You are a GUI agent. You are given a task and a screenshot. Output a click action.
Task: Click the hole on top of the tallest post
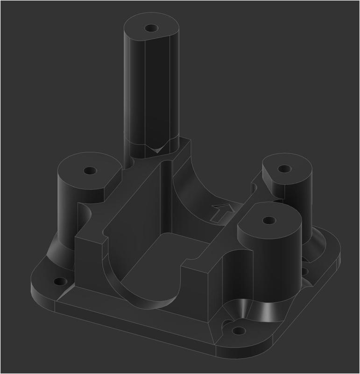click(150, 28)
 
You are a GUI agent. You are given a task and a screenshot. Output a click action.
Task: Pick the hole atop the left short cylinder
click(89, 170)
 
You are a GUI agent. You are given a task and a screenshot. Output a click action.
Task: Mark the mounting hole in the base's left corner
click(60, 282)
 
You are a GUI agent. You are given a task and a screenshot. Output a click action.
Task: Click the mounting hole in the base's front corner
click(239, 331)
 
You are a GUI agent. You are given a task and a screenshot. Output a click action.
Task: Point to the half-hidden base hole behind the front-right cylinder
click(304, 271)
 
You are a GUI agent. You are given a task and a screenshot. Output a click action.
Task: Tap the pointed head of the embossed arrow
click(227, 206)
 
